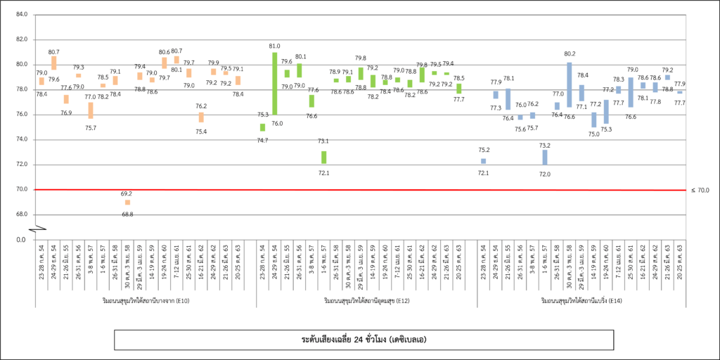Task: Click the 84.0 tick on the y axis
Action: [20, 15]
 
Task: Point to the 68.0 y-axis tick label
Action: [20, 214]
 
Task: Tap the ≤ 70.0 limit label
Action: [700, 190]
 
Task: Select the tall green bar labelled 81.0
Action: [275, 83]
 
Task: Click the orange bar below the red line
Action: [127, 202]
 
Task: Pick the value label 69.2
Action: [127, 193]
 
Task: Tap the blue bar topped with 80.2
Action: [570, 84]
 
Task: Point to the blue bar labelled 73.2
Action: [545, 157]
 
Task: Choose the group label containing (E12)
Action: [367, 301]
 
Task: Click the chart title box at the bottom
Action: [360, 340]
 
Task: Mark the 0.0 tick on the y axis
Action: [22, 240]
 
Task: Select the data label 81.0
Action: [274, 46]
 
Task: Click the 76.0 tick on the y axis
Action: [20, 115]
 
